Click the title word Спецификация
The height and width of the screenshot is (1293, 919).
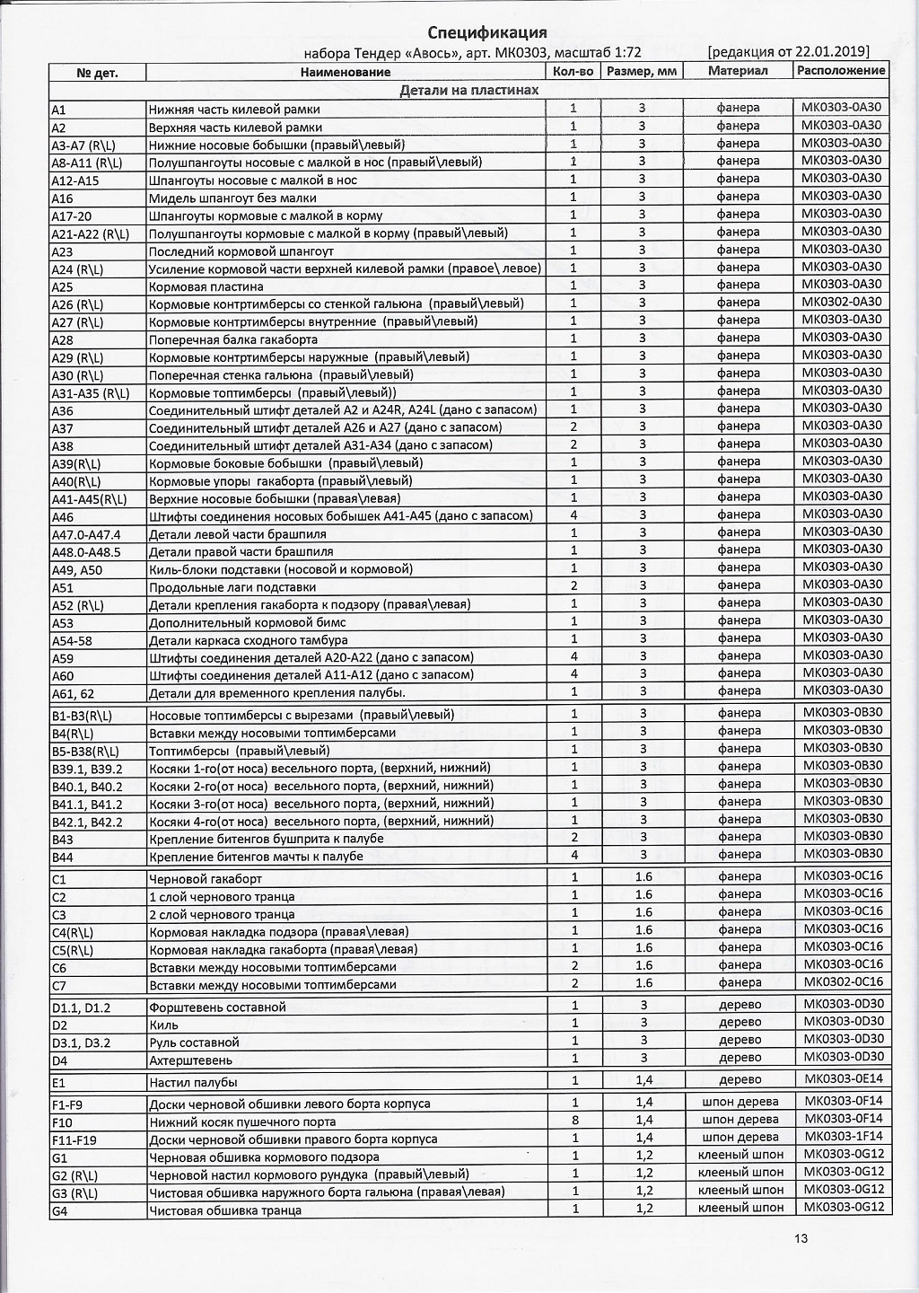point(487,32)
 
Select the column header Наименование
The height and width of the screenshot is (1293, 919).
point(346,72)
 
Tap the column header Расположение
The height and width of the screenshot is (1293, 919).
point(841,70)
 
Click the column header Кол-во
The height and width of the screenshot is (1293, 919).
point(573,71)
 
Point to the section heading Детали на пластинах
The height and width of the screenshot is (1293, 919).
point(468,90)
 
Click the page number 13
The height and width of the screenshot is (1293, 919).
point(801,1238)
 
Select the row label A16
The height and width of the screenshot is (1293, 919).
point(63,198)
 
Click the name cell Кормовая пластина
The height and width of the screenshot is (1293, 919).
point(206,286)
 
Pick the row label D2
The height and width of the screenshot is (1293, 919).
point(59,1025)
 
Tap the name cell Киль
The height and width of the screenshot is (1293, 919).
point(164,1025)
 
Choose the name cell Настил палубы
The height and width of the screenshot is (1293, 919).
point(193,1082)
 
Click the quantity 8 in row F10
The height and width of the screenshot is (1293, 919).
point(574,1121)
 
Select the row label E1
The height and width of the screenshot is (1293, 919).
point(58,1082)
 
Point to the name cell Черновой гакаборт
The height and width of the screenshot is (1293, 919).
point(206,878)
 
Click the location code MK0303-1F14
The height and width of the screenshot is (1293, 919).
point(844,1137)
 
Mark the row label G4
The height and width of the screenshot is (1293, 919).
point(60,1209)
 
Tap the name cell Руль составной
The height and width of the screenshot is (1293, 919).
point(194,1042)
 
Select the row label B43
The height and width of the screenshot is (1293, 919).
point(63,840)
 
